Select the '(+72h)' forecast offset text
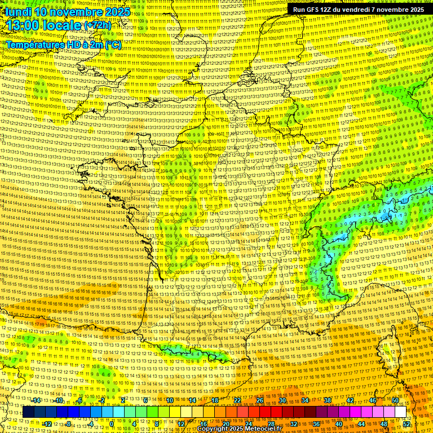98,26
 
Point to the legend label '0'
112,423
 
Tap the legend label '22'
237,400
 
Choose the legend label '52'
407,423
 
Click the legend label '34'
305,400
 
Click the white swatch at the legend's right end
401,412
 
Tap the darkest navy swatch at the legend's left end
29,412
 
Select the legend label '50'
395,400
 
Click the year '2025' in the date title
116,12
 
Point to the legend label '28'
271,423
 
